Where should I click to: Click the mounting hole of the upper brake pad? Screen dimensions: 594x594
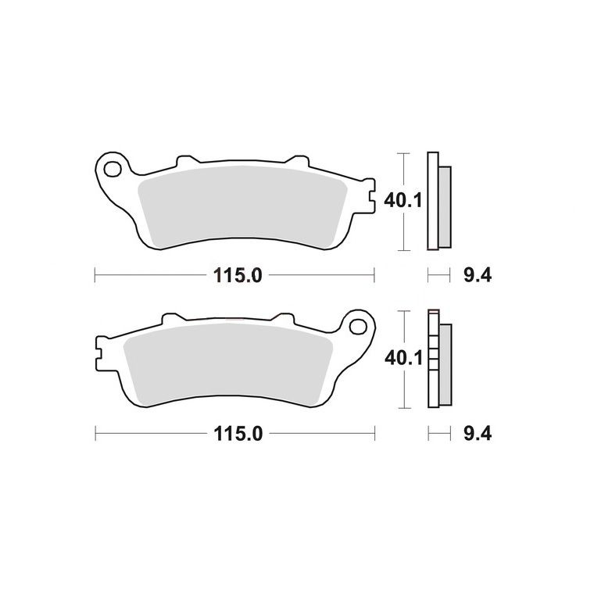coord(113,170)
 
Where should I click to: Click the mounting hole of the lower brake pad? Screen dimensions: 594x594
coord(358,327)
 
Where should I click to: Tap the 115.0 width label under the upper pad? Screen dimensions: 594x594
coord(238,275)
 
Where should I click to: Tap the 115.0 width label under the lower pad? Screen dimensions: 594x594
coord(238,433)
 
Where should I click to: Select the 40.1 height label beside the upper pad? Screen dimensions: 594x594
coord(403,200)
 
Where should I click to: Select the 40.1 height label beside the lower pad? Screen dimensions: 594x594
coord(403,358)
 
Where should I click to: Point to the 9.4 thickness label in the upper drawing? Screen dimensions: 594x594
coord(478,275)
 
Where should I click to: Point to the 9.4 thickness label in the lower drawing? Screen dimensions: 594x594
coord(478,433)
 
